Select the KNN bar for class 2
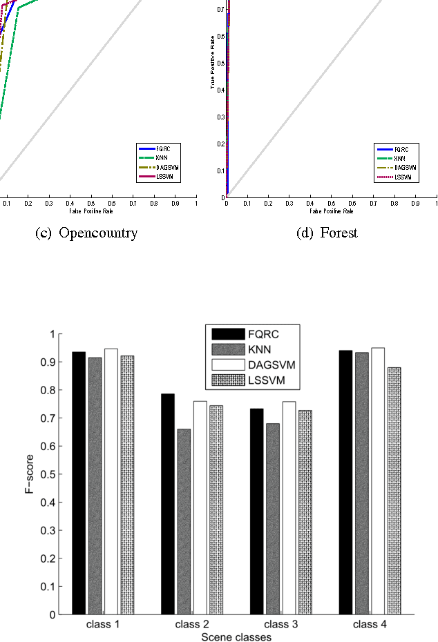click(184, 521)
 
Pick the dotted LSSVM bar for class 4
click(394, 491)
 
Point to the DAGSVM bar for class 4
click(378, 481)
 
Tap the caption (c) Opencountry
click(86, 233)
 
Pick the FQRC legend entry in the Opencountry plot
click(157, 149)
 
